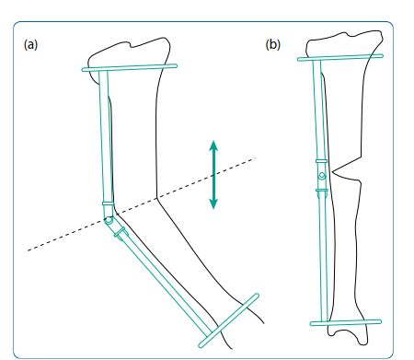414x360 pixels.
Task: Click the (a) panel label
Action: [30, 44]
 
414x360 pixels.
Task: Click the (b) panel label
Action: [273, 44]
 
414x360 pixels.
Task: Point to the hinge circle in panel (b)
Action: [321, 176]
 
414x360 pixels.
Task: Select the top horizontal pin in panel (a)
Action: [130, 67]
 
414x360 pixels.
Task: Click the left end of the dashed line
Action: [29, 249]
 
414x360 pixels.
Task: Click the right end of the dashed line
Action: [254, 159]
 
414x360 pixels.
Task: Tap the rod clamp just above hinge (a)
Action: [108, 204]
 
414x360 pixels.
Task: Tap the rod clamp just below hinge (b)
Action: [321, 191]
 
